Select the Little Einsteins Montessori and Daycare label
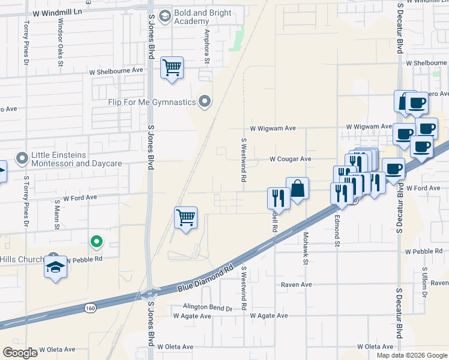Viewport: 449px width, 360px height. pos(76,158)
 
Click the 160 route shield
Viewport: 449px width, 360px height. pos(90,308)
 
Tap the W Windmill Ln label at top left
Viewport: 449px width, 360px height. pos(56,13)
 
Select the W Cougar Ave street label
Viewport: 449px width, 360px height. pos(290,159)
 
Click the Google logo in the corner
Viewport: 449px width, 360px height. pos(21,352)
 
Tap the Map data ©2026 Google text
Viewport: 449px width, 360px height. pos(411,355)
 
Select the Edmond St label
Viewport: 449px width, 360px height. pos(337,231)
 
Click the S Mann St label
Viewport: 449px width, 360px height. pos(57,216)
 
